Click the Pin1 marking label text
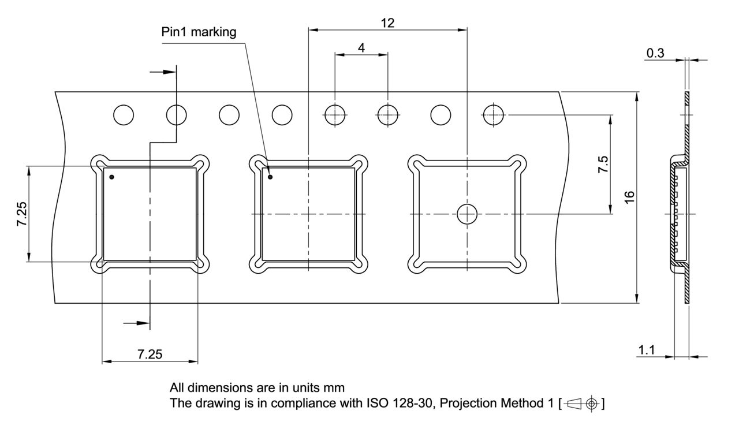[x=199, y=32]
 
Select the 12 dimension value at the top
[x=387, y=23]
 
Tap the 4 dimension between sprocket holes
[x=361, y=48]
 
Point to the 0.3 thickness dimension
[x=655, y=54]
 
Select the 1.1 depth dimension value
[x=647, y=350]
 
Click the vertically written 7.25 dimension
[x=21, y=214]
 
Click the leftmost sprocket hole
[x=123, y=115]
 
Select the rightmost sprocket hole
[x=494, y=115]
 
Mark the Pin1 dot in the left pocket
[x=112, y=177]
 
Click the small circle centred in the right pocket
[x=466, y=214]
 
